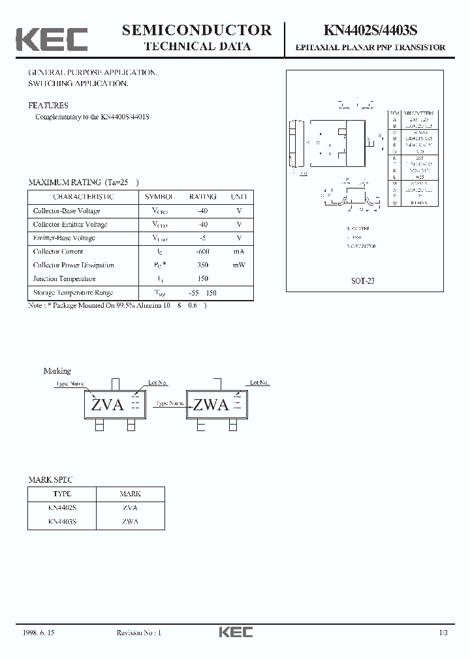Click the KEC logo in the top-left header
click(52, 40)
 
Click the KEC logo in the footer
click(235, 632)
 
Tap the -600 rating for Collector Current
click(202, 252)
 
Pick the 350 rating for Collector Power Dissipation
click(202, 265)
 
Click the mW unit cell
click(239, 265)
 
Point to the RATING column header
click(202, 196)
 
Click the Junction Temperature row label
click(64, 279)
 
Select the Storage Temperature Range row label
click(73, 293)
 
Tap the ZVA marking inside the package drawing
click(108, 405)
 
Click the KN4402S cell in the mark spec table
click(62, 507)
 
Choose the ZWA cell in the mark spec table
click(130, 521)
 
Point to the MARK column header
click(130, 494)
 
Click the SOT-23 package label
click(363, 281)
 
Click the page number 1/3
click(443, 633)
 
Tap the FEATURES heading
click(48, 105)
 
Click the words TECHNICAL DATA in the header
click(196, 46)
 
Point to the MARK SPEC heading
click(50, 480)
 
